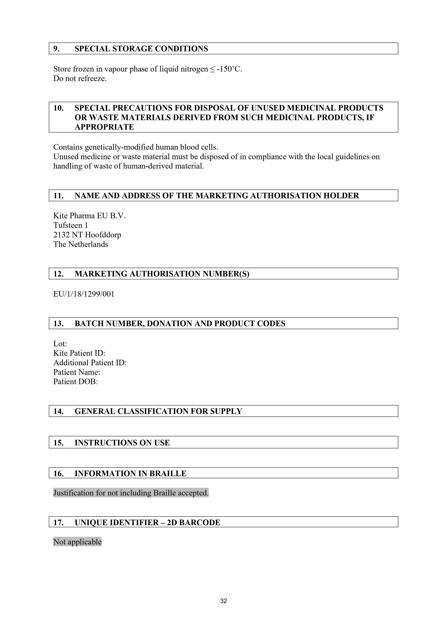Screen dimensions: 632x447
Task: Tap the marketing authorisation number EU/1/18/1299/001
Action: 84,294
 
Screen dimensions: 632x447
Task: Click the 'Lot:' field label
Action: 60,343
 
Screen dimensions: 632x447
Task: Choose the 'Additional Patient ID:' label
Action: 90,363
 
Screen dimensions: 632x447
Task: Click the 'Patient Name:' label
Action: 77,372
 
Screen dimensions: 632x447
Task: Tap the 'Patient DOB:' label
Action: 75,381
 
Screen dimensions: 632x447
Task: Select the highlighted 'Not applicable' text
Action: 77,542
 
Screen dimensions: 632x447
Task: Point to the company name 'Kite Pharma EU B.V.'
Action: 89,216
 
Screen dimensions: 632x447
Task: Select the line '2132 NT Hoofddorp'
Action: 87,235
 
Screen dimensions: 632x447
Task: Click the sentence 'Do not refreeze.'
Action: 80,79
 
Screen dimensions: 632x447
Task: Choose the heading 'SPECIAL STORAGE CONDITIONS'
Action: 141,49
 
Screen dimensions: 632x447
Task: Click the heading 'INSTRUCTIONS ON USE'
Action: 122,443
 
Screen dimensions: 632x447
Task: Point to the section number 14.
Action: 58,411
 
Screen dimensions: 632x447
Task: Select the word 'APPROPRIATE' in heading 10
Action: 104,127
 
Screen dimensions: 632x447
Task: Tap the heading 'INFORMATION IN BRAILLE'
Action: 130,474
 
